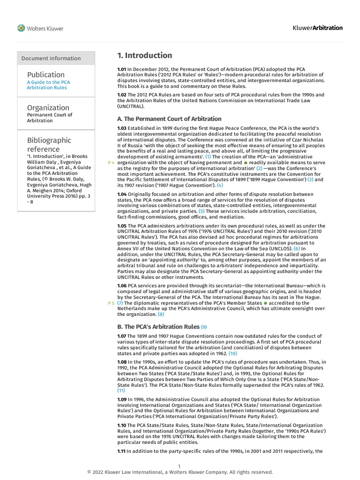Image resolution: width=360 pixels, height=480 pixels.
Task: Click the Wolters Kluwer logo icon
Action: coord(21,28)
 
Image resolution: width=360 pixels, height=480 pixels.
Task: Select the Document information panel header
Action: coord(51,58)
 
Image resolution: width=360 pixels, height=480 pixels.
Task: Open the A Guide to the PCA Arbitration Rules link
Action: coord(49,85)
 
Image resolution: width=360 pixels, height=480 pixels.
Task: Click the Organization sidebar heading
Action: coord(48,107)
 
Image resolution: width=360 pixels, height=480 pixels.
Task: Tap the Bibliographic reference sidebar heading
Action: coord(49,144)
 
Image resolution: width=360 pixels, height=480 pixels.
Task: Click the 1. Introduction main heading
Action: coord(144,55)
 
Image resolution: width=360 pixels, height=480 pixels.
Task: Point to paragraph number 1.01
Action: coord(122,69)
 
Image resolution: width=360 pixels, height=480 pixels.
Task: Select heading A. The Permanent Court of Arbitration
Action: coord(169,119)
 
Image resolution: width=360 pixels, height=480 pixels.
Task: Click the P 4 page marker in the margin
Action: coord(111,162)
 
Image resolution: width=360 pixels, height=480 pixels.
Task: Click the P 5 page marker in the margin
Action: coord(111,303)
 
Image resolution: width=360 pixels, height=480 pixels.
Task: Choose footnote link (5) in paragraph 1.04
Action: coord(201,211)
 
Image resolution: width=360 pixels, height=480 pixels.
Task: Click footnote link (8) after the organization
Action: coord(161,315)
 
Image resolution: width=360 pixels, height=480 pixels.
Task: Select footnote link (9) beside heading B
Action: coord(204,326)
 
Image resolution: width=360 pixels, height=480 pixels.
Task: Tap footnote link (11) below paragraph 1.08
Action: coord(121,390)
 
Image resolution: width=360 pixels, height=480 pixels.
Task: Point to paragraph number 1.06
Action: coord(122,285)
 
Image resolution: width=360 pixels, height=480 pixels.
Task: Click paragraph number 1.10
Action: coord(122,425)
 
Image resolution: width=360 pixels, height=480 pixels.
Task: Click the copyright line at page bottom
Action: coord(180,472)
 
